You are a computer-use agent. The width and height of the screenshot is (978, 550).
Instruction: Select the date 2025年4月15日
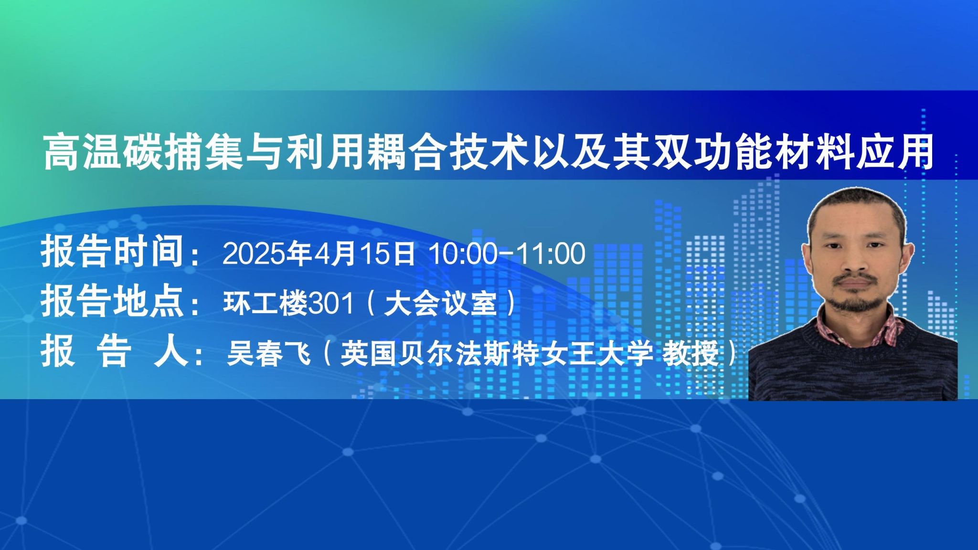point(319,253)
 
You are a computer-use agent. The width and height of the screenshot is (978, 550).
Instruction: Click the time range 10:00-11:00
point(507,254)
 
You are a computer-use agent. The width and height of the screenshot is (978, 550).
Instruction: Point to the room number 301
point(331,303)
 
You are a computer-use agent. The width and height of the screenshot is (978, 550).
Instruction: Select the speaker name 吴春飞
point(269,354)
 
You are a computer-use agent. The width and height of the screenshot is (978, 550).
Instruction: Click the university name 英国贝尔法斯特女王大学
point(497,354)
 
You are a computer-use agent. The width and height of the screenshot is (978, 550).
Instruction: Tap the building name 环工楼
point(266,303)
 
